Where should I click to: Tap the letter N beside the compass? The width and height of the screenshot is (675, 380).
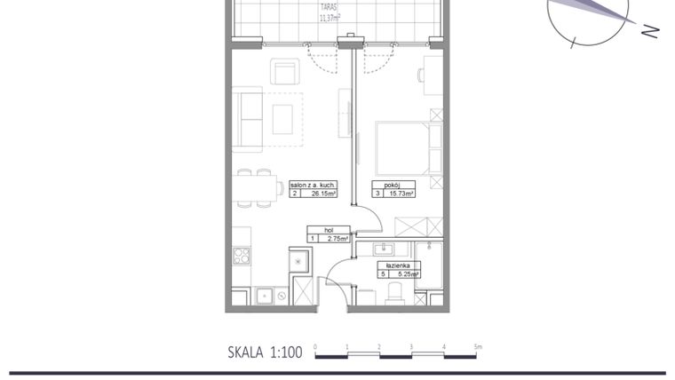650,31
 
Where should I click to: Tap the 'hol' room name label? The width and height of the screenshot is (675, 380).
328,229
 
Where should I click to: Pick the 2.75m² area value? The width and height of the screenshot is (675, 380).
335,238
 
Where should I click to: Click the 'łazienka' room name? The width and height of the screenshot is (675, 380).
397,265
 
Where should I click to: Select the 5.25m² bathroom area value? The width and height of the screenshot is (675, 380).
405,274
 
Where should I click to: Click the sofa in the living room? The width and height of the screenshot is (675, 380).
247,118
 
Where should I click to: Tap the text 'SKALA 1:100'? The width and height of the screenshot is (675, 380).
265,352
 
